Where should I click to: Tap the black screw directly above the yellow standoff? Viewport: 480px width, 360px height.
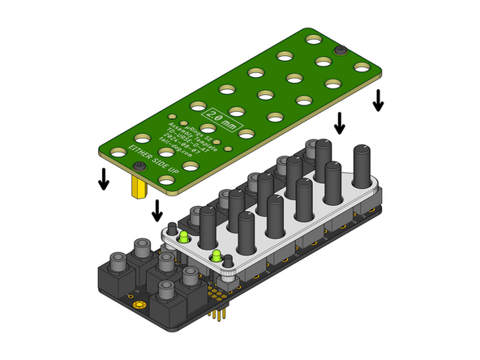[x=139, y=166]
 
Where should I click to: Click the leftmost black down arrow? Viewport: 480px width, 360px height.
[x=103, y=178]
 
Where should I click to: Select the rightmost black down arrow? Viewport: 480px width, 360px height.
[x=378, y=101]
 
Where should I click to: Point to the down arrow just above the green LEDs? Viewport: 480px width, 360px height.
[x=156, y=211]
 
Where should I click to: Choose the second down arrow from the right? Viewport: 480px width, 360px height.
[x=340, y=123]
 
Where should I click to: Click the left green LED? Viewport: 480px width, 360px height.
[x=184, y=238]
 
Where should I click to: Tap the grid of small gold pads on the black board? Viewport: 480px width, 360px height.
[x=216, y=288]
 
